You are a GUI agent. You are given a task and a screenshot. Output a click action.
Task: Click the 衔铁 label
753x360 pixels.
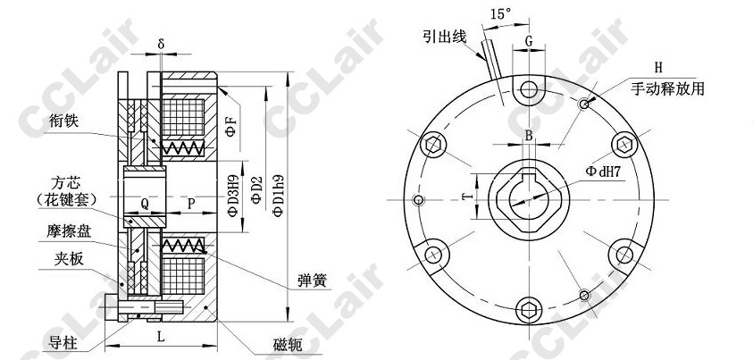[63, 121]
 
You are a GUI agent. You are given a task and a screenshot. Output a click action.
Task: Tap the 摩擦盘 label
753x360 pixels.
[69, 232]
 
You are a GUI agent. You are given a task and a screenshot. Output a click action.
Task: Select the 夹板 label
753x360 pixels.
[69, 259]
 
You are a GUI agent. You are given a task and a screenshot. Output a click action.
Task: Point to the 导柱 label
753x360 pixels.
[63, 343]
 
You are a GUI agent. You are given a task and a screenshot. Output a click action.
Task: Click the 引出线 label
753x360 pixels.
[445, 36]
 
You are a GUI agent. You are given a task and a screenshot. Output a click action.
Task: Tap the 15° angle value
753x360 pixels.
[501, 14]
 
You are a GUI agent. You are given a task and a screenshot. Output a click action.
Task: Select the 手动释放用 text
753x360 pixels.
[667, 88]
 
